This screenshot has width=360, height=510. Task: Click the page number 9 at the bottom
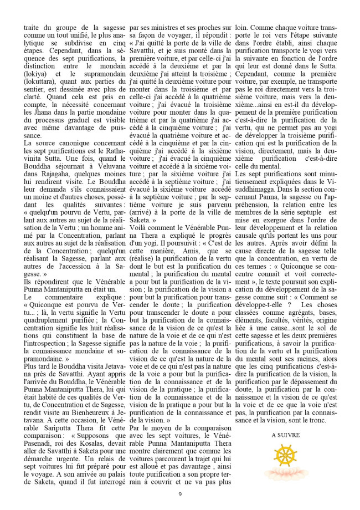coord(179,494)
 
